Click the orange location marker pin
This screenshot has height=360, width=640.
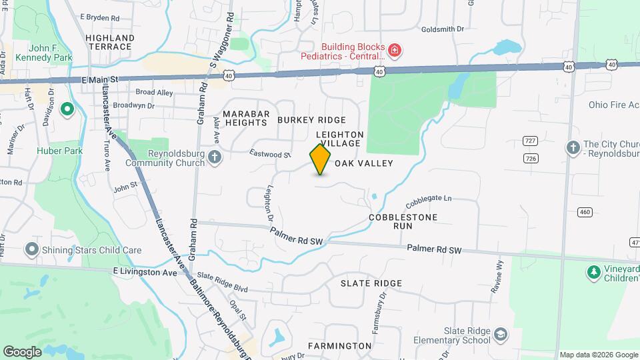(321, 159)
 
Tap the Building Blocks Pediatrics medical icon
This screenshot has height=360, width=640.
(395, 50)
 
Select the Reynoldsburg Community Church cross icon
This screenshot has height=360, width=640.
(214, 157)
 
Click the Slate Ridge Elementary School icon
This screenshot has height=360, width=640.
(501, 333)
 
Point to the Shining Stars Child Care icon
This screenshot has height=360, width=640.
(31, 250)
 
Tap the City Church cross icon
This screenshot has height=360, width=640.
(573, 149)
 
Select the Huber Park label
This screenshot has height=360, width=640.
(64, 151)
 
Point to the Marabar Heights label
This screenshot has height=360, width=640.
(245, 118)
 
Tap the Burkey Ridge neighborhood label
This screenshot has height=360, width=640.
(312, 120)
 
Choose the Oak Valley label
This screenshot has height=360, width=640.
(364, 163)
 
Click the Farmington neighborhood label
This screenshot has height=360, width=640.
(339, 346)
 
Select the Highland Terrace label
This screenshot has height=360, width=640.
(109, 42)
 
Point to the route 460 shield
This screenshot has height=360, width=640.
(585, 212)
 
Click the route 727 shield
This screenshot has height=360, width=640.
(531, 141)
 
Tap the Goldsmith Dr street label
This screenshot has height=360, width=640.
(443, 29)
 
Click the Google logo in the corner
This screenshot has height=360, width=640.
(22, 351)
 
